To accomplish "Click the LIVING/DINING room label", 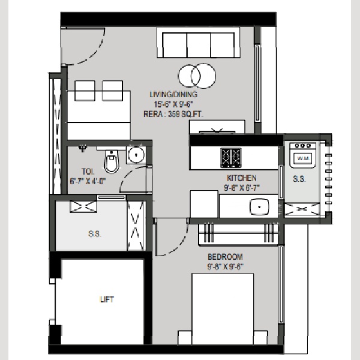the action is pos(173,94).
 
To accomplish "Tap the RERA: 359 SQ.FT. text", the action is pos(173,114).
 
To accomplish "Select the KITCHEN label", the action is pos(242,178).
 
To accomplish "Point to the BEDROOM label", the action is pos(225,257).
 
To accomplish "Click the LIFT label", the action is pos(107,299).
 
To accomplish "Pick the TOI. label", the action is pos(88,172).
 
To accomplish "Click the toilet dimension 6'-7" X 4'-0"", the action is pos(88,181).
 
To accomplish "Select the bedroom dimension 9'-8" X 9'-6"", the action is pos(225,266).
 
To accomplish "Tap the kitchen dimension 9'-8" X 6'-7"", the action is pos(242,188).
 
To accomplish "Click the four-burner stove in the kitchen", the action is pos(231,158).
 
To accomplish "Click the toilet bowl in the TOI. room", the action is pos(112,161).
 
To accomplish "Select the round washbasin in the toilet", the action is pos(136,155).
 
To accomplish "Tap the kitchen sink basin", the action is pos(259,206).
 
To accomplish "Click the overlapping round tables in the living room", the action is pos(197,76).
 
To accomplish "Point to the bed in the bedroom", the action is pos(223,309).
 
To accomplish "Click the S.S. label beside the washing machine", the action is pos(299,179).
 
